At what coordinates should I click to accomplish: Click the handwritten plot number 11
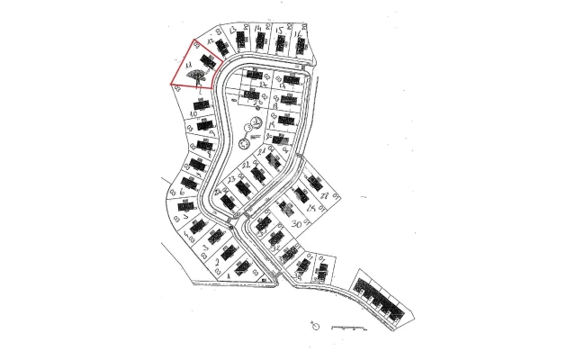click(187, 66)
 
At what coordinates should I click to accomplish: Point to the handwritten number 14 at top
click(258, 30)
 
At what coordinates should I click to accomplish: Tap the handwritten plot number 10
click(193, 114)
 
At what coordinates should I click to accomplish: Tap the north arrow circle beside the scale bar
click(315, 323)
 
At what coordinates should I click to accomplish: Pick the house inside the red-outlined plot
click(207, 61)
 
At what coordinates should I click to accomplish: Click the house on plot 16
click(300, 42)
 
